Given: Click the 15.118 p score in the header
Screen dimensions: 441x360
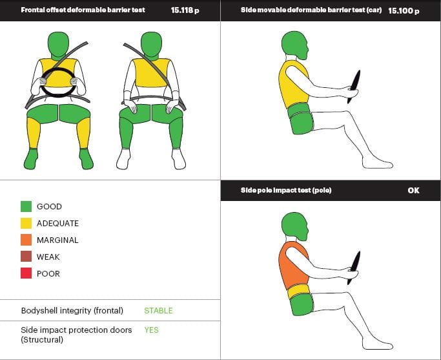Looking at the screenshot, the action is coord(185,10).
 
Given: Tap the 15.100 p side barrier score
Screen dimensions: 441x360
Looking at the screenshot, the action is coord(404,11).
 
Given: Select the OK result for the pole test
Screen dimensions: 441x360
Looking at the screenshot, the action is coord(413,190).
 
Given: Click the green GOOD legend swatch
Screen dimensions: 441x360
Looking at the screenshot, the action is coord(26,206).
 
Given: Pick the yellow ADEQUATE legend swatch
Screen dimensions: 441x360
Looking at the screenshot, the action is coord(26,223).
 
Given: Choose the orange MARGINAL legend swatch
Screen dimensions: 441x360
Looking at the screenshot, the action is coord(26,240).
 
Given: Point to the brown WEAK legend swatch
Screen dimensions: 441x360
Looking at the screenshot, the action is coord(26,257).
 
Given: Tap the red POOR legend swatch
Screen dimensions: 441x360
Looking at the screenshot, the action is coord(26,273).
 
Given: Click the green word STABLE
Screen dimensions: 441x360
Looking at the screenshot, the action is coord(158,310).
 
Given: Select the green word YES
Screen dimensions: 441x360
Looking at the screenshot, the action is coord(151,330).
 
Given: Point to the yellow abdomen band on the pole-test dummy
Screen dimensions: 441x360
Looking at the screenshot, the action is coord(300,291).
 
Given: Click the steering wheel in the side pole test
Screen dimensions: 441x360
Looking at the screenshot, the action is coord(354,268).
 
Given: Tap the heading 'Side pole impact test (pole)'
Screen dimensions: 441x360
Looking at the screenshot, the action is coord(286,190).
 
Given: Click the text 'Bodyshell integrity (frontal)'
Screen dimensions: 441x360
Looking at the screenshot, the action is coord(72,310).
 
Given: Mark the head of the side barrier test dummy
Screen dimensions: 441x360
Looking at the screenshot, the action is coord(295,45).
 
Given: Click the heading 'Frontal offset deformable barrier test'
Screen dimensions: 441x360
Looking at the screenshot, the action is coord(83,10).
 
